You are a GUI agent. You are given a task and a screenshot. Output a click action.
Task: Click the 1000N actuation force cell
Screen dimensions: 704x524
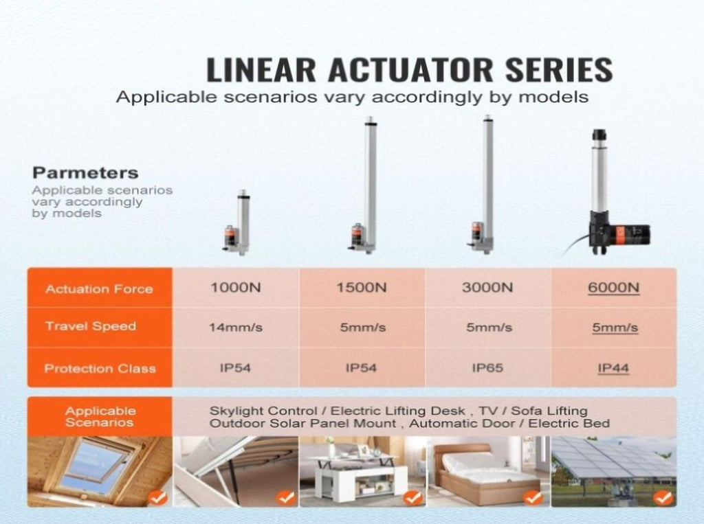click(236, 288)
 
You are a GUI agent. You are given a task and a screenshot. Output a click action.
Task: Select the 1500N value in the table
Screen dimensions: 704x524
click(362, 288)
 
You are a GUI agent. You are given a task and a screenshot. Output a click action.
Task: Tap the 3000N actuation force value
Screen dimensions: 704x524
click(487, 288)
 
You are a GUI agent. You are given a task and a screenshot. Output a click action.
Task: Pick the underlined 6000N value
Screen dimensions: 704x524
click(613, 288)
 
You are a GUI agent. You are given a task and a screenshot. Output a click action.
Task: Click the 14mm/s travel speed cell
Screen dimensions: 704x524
click(236, 328)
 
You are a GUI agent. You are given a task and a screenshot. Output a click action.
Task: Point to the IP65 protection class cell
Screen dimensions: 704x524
click(487, 368)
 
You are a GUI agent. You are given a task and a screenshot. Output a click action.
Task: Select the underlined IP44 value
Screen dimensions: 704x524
click(613, 368)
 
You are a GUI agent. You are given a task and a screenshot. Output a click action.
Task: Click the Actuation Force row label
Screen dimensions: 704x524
click(99, 289)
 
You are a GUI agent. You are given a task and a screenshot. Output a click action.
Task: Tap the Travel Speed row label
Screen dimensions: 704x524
click(91, 326)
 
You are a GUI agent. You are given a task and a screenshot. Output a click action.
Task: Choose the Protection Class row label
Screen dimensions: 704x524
click(100, 369)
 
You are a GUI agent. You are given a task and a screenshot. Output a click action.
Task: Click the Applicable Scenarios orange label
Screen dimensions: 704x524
click(100, 417)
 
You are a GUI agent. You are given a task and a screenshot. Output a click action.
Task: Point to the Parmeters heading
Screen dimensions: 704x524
click(85, 173)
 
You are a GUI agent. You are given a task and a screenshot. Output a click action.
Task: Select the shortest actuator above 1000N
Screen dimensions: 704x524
click(238, 223)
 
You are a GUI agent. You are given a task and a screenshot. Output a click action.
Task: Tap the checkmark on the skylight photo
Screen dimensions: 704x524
click(157, 497)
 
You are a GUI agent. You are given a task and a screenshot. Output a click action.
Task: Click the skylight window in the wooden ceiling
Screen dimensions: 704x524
click(95, 466)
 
